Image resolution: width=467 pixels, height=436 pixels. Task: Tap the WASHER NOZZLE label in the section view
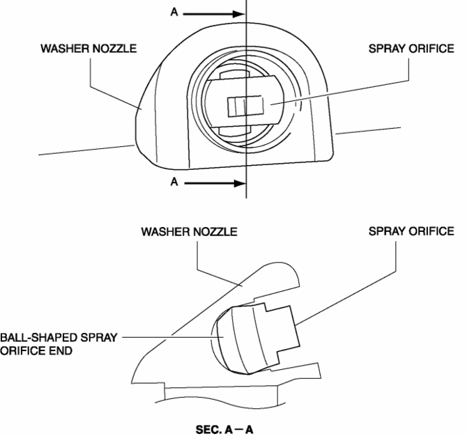[x=188, y=231]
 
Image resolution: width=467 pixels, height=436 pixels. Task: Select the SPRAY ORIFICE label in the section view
[x=411, y=231]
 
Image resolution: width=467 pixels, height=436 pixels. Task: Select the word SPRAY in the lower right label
[x=387, y=231]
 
